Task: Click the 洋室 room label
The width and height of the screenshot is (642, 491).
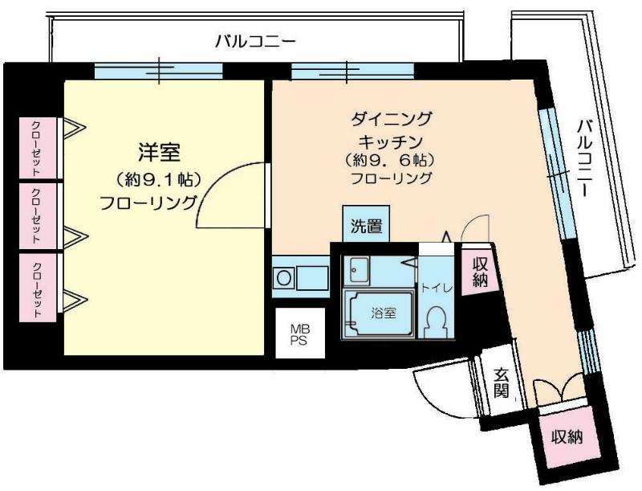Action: [x=159, y=152]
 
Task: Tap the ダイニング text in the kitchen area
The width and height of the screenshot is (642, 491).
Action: [x=391, y=119]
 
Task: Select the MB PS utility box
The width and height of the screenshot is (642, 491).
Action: [x=300, y=333]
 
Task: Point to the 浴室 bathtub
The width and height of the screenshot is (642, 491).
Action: [x=378, y=313]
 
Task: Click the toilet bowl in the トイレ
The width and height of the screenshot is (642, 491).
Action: [x=434, y=323]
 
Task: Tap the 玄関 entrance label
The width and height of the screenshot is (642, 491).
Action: [x=501, y=383]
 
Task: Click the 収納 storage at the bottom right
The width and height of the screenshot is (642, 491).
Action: [x=566, y=438]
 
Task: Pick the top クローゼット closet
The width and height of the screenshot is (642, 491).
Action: [x=38, y=148]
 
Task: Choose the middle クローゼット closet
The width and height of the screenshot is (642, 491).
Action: [x=38, y=215]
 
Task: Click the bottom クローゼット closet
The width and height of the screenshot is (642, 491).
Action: [x=38, y=288]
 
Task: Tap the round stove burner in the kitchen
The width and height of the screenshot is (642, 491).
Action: [x=283, y=278]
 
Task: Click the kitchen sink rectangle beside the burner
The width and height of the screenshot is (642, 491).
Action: [x=312, y=277]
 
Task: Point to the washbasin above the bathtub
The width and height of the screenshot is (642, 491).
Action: [x=356, y=270]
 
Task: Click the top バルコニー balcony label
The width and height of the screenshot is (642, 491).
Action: [x=255, y=42]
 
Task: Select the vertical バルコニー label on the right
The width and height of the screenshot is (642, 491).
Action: [x=586, y=158]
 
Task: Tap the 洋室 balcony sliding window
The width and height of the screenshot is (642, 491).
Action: [x=159, y=71]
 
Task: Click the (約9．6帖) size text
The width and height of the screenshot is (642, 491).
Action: [x=390, y=159]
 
